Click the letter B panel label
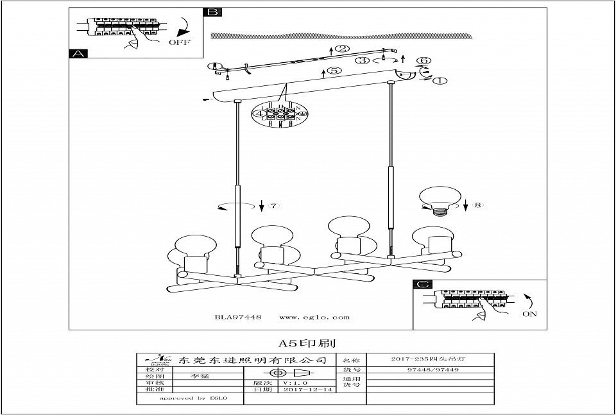212,12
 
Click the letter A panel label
77,55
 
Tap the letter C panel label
421,285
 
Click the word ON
529,315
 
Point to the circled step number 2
343,49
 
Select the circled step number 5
334,71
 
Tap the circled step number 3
364,61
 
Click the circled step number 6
423,62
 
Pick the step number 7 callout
273,206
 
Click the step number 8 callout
476,206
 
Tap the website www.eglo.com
314,317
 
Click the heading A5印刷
307,343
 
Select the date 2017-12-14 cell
302,389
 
